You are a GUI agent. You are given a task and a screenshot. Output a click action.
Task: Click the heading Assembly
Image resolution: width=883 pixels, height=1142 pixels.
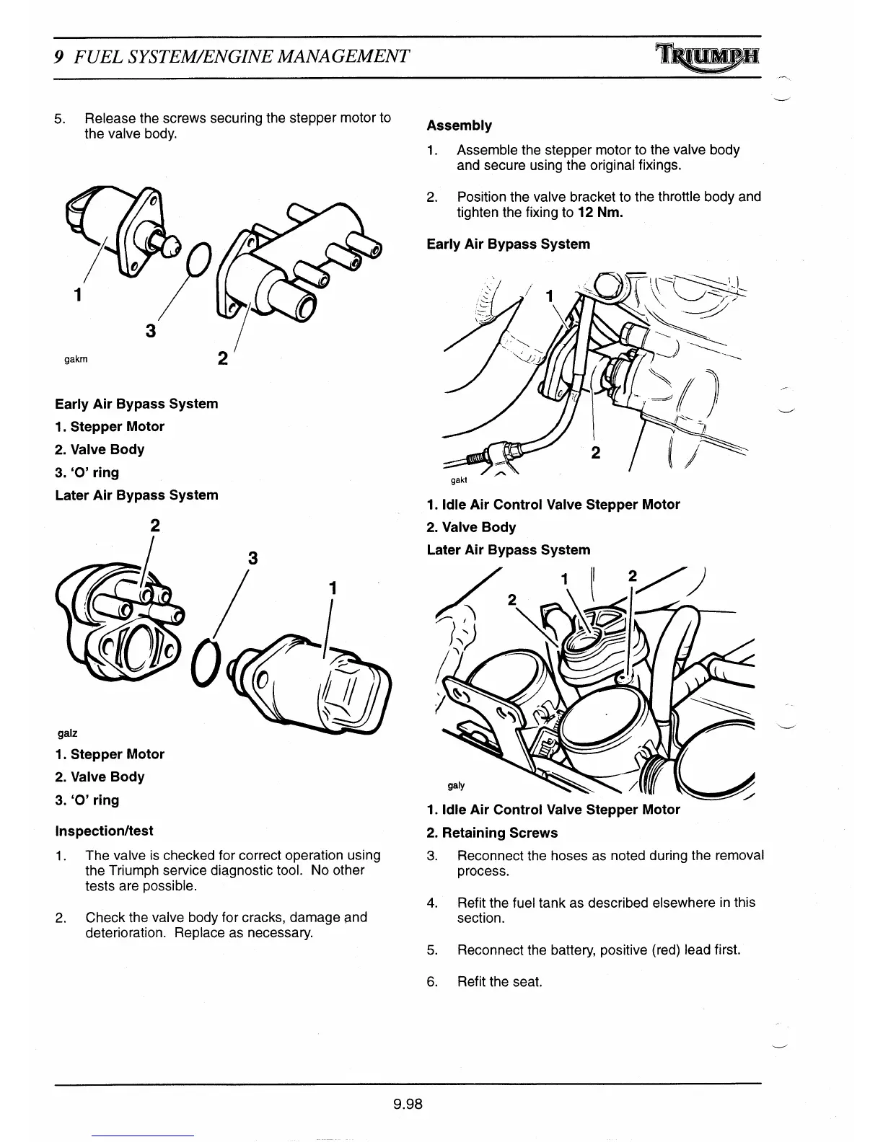(x=459, y=125)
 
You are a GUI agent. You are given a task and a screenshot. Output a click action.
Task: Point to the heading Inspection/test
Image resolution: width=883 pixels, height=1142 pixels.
(x=104, y=831)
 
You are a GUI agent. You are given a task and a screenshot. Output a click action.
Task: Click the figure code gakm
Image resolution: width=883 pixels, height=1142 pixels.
(x=76, y=359)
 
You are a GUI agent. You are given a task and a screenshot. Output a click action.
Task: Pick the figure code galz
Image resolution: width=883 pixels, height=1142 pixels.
(x=67, y=733)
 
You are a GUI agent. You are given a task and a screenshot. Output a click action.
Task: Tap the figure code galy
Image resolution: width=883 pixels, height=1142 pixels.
(x=456, y=785)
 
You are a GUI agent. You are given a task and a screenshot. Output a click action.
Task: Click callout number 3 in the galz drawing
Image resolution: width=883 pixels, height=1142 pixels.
(x=252, y=557)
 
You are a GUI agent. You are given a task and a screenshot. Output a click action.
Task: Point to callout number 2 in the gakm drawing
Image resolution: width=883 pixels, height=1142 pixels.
(x=222, y=358)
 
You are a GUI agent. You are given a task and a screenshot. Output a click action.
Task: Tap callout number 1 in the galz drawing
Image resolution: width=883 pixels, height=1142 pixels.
(x=332, y=588)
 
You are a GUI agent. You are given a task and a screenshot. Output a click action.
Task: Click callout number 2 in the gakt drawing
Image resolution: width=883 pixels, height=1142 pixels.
(x=596, y=453)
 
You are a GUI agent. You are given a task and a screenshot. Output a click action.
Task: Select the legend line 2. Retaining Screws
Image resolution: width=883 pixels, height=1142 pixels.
(x=492, y=833)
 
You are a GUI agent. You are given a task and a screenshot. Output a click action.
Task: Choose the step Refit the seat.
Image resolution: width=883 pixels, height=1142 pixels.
(x=499, y=981)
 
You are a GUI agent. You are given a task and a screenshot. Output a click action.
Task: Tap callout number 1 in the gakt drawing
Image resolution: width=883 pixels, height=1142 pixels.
(x=550, y=296)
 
